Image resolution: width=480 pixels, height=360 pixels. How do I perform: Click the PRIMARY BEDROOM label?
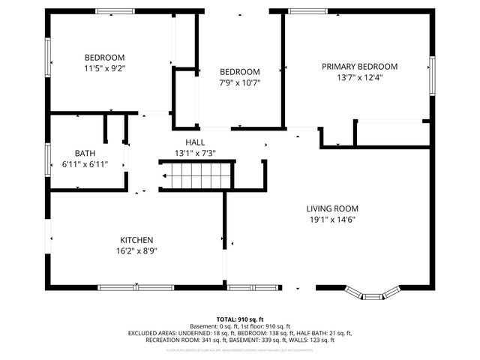[x=359, y=66]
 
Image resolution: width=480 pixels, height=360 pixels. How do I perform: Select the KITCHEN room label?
[x=136, y=240]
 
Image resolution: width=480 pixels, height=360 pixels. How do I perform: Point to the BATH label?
[x=85, y=153]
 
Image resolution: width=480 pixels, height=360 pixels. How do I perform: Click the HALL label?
[x=195, y=142]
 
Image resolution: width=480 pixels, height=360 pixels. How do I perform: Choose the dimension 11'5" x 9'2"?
[x=104, y=68]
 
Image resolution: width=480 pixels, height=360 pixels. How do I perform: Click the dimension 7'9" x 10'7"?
[x=239, y=82]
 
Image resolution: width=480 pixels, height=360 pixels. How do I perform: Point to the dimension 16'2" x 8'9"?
[x=136, y=251]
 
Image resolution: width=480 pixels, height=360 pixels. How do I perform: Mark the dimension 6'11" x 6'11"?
[x=85, y=164]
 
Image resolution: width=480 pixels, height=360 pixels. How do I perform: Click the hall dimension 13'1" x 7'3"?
[x=195, y=153]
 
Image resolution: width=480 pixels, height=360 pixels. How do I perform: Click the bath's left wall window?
[x=48, y=154]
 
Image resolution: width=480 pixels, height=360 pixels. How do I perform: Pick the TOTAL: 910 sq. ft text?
[x=239, y=319]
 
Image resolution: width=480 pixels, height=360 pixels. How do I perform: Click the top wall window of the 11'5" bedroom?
[x=115, y=11]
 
